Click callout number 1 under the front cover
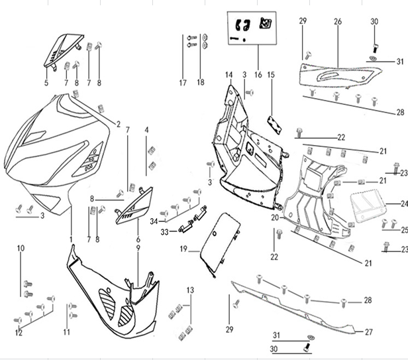point(70,238)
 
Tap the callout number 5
point(46,83)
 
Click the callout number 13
point(190,290)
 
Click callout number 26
point(337,22)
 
